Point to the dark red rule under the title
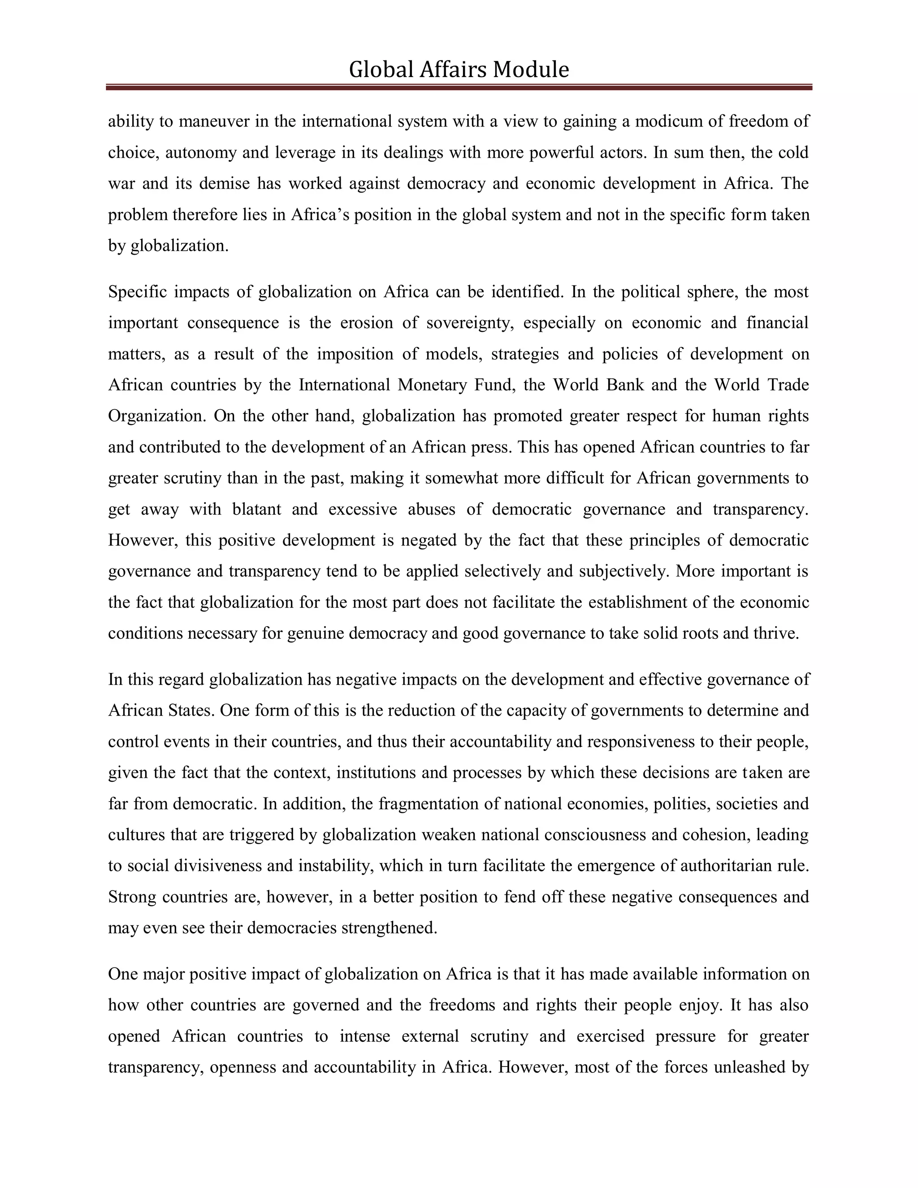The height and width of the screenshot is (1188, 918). (459, 87)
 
